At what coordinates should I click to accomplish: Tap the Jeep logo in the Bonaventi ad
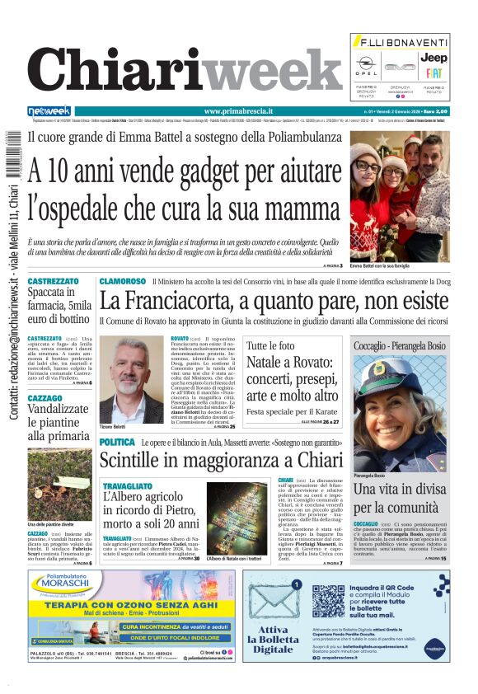[434, 58]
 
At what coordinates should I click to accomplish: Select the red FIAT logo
[434, 73]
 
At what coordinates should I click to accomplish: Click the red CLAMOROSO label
[122, 282]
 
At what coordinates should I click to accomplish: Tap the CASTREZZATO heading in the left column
[53, 281]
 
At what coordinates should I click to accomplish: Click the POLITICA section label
[116, 443]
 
